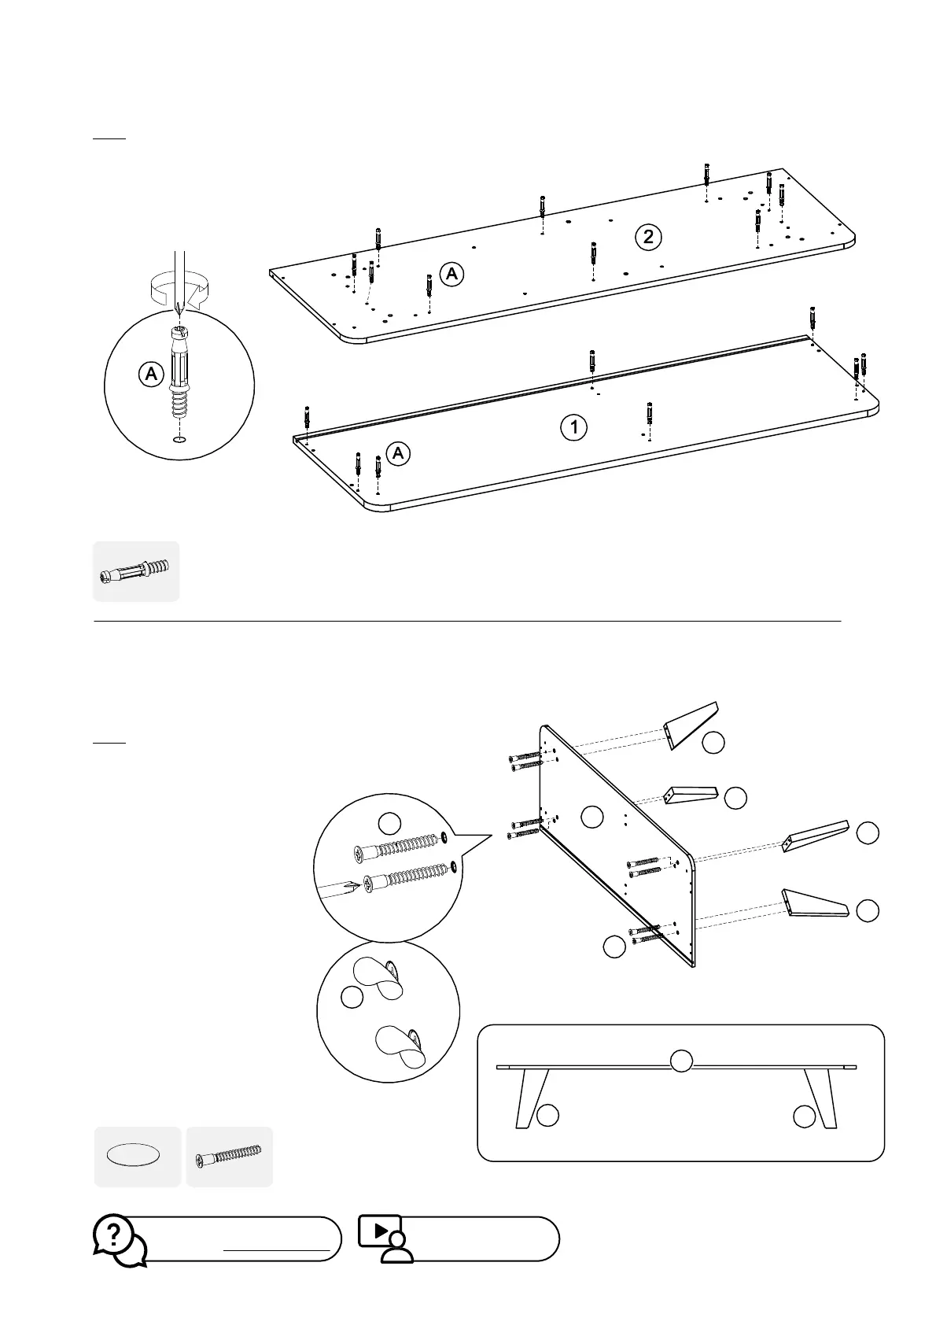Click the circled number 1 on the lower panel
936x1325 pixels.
[x=574, y=427]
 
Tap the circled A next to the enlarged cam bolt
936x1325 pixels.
[x=150, y=374]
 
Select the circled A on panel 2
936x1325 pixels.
[x=451, y=274]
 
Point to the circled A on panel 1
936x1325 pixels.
[x=399, y=453]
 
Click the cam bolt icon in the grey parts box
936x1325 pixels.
[x=136, y=572]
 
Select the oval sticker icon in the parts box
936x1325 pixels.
[x=133, y=1155]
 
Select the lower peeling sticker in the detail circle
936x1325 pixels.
[x=399, y=1045]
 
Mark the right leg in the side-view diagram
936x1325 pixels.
[x=818, y=1097]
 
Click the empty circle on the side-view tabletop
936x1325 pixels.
[x=680, y=1061]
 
